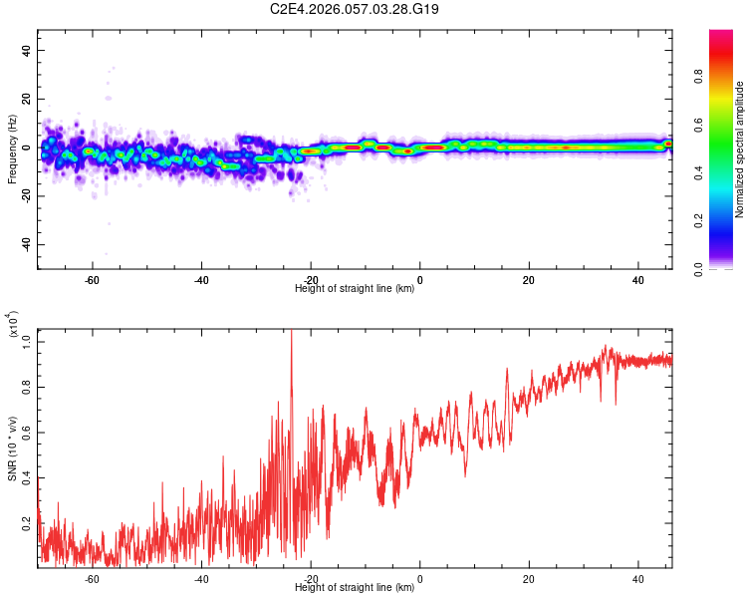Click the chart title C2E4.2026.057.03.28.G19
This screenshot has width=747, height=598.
coord(356,9)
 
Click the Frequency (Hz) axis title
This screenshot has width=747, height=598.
coord(12,148)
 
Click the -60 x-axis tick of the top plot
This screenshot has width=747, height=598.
coord(92,279)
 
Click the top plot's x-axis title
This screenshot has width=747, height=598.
coord(356,289)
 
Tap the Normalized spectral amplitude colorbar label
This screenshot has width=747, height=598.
coord(740,149)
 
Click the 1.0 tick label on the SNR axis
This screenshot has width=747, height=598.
coord(27,341)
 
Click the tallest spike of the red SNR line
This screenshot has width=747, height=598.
coord(291,332)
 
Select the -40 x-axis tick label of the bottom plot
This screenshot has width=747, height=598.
coord(201,578)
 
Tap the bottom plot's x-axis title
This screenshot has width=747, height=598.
coord(356,588)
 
